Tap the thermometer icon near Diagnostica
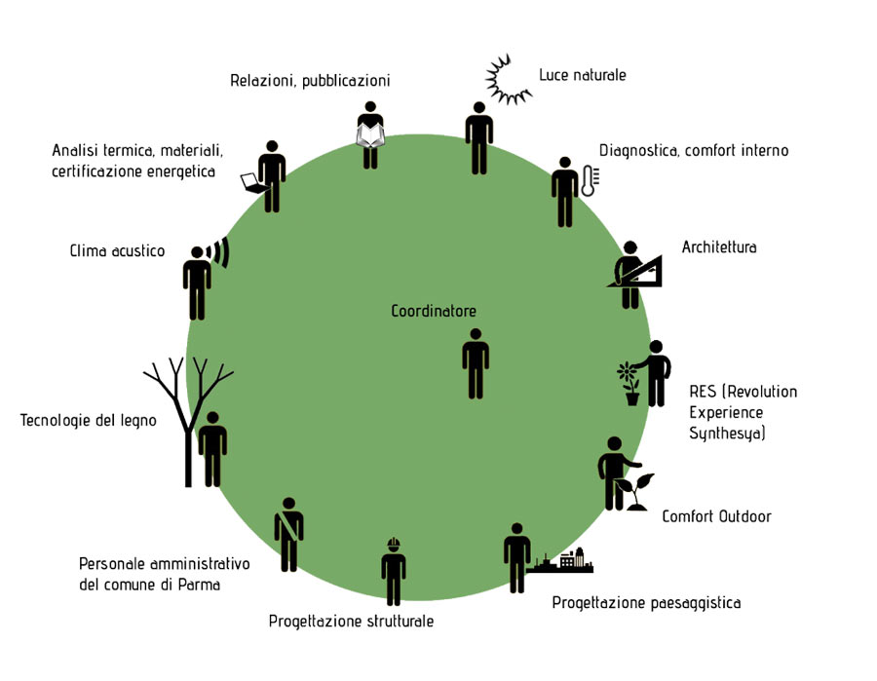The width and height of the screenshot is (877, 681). click(x=590, y=180)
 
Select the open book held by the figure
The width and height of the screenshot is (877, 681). click(x=370, y=135)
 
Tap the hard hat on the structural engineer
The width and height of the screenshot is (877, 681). click(x=394, y=544)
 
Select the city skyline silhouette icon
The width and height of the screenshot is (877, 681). click(x=560, y=560)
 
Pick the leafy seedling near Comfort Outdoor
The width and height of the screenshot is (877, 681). click(x=635, y=491)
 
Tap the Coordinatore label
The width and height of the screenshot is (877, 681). click(x=434, y=311)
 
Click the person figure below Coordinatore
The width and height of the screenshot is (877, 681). click(x=476, y=364)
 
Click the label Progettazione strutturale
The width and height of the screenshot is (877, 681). click(x=351, y=622)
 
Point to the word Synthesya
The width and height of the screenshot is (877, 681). click(x=727, y=434)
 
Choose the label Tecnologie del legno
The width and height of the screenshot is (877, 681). click(x=89, y=421)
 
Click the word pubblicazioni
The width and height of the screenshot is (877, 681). click(x=346, y=81)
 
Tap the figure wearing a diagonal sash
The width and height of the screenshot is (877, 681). click(x=288, y=535)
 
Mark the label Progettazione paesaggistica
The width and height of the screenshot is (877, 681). click(x=647, y=603)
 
